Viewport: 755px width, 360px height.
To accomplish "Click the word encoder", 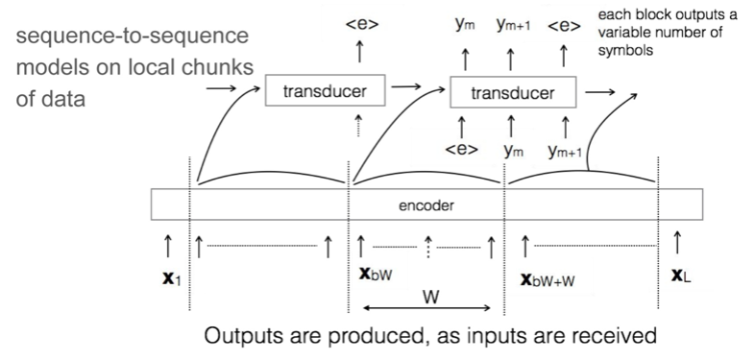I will tap(427, 204).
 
